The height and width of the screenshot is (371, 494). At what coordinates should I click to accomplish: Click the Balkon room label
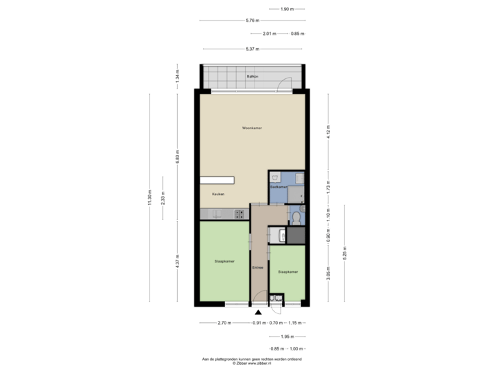click(252, 77)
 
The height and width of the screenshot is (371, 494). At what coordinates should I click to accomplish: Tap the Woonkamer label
click(252, 128)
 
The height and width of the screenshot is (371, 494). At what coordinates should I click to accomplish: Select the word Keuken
click(218, 194)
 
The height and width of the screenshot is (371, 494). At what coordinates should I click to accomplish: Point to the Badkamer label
click(278, 187)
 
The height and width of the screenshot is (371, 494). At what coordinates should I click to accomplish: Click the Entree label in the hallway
click(258, 267)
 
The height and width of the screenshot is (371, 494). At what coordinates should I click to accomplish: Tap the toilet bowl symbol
click(296, 218)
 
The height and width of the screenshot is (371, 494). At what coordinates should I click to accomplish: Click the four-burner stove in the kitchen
click(240, 214)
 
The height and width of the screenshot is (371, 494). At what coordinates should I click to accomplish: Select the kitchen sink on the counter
click(215, 214)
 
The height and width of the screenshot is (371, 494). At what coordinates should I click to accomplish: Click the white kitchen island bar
click(217, 180)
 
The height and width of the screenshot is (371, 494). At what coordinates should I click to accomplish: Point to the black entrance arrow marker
click(258, 312)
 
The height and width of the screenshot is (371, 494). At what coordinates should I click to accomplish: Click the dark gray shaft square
click(296, 235)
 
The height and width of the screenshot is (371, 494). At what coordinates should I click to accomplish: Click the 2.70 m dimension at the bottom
click(223, 323)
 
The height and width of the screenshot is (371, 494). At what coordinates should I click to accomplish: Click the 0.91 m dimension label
click(258, 323)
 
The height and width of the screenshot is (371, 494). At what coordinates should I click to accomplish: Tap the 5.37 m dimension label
click(252, 48)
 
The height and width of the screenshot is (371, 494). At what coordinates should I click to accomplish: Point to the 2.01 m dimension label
click(270, 34)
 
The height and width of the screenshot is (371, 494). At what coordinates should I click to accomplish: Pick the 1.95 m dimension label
click(288, 337)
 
